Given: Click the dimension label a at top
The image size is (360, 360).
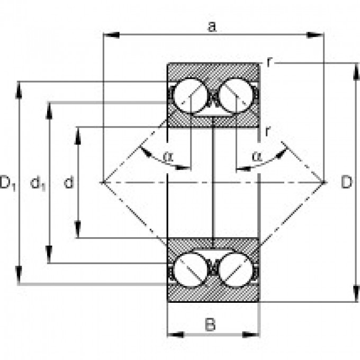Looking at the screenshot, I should (212, 26).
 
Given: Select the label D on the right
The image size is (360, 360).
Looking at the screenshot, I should (346, 183).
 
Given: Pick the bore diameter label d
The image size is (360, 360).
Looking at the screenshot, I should (68, 183).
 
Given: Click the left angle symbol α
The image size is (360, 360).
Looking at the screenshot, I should (168, 156).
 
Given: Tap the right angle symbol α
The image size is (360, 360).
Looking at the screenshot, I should (257, 156).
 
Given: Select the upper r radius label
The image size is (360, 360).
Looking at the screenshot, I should (269, 62).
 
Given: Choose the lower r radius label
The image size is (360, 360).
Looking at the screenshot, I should (268, 131).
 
